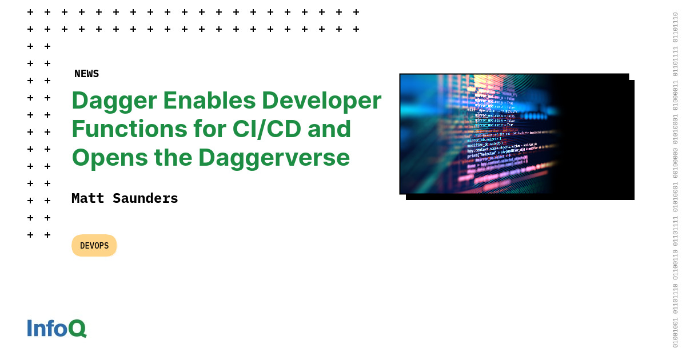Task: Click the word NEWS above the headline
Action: (86, 74)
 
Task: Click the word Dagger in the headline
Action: (114, 101)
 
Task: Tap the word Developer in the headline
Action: (322, 101)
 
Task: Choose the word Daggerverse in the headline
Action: (274, 158)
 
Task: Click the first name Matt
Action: (87, 198)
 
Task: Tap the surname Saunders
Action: (145, 198)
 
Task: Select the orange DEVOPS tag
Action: (94, 246)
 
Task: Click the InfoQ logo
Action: (57, 329)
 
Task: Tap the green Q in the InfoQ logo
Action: (77, 329)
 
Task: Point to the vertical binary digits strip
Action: (675, 180)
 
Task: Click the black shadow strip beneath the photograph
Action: (520, 197)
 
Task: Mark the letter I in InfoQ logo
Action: (30, 329)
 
